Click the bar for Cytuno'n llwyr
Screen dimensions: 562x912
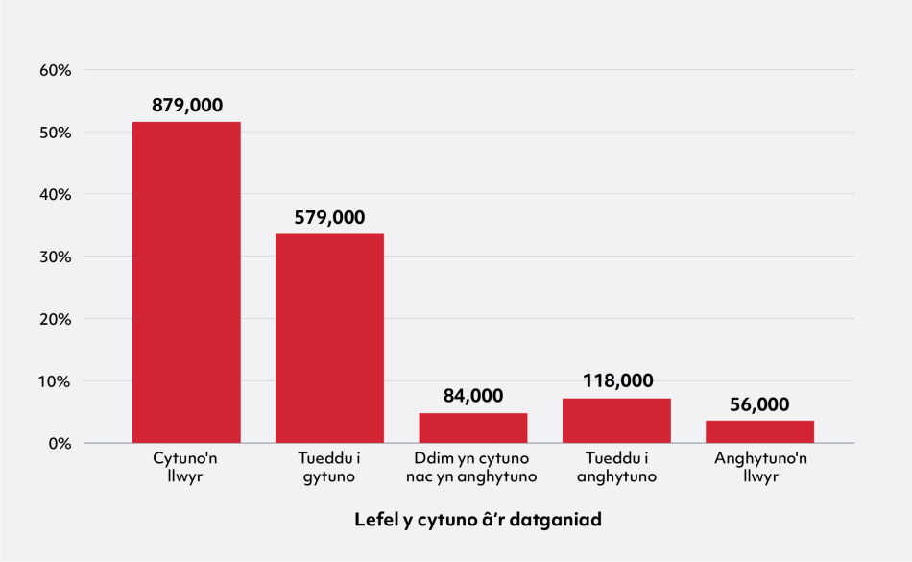point(186,282)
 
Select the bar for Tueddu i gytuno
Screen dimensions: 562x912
point(329,338)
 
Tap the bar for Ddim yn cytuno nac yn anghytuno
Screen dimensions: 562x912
point(472,428)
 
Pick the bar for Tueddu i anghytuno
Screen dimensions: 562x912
point(616,421)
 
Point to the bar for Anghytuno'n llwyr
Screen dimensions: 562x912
point(759,431)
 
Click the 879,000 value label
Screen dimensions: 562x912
point(187,106)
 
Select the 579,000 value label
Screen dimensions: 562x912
point(329,218)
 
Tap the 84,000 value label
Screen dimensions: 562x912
point(472,396)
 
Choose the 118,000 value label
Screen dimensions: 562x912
point(616,381)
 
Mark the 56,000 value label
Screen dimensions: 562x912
point(759,404)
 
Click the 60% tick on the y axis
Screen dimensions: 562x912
point(56,70)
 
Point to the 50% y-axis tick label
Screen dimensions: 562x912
point(56,133)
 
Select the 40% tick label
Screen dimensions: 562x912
point(56,194)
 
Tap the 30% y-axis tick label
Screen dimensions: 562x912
point(56,257)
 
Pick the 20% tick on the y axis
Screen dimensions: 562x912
point(56,319)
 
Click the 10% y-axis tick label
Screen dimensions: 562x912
point(56,381)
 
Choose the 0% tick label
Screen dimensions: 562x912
point(60,443)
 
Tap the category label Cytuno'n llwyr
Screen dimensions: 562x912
point(186,467)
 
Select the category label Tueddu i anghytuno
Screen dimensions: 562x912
point(616,467)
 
